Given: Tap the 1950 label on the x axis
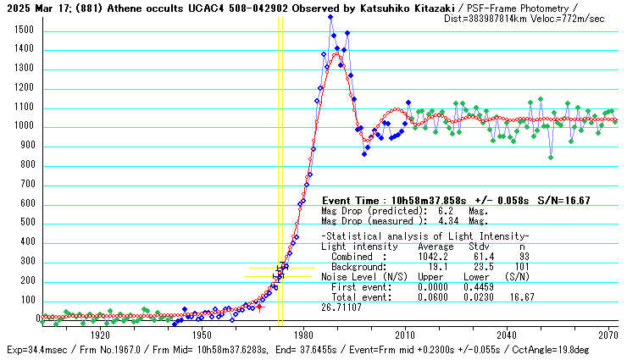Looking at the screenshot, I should [x=202, y=335].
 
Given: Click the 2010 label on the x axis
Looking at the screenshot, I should [x=405, y=335].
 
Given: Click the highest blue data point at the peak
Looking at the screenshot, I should [x=330, y=18].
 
